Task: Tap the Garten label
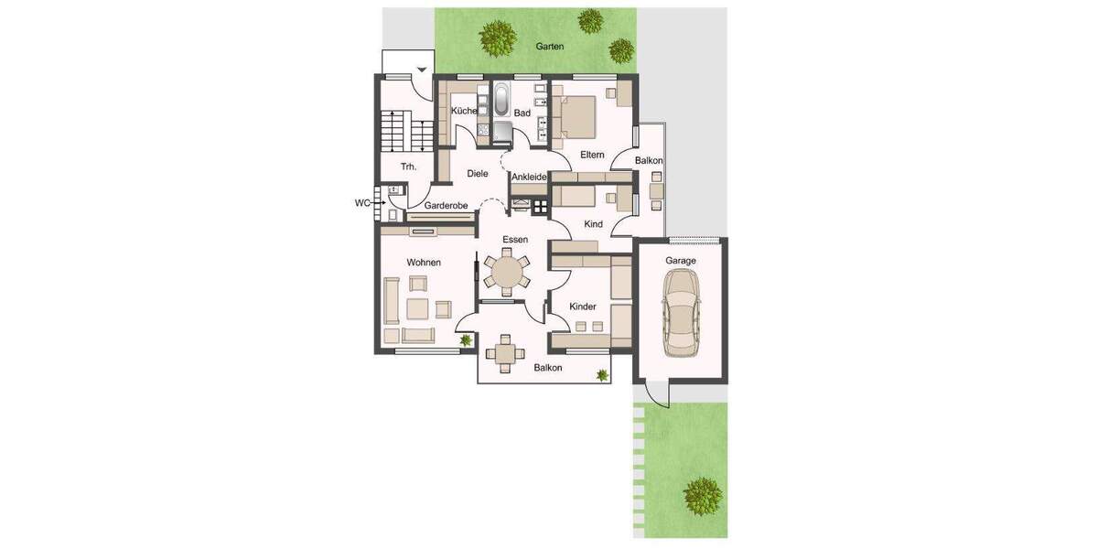pos(551,46)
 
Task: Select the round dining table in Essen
pos(506,272)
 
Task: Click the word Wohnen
pos(424,263)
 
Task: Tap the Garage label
pos(681,261)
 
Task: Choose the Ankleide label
pos(529,177)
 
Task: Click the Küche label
pos(464,111)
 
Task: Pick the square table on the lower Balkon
pos(504,352)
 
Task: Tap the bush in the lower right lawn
pos(703,496)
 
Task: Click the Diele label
pos(478,173)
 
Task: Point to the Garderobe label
pos(447,207)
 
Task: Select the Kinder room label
pos(583,307)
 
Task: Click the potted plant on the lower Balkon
pos(601,374)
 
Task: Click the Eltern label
pos(592,155)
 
